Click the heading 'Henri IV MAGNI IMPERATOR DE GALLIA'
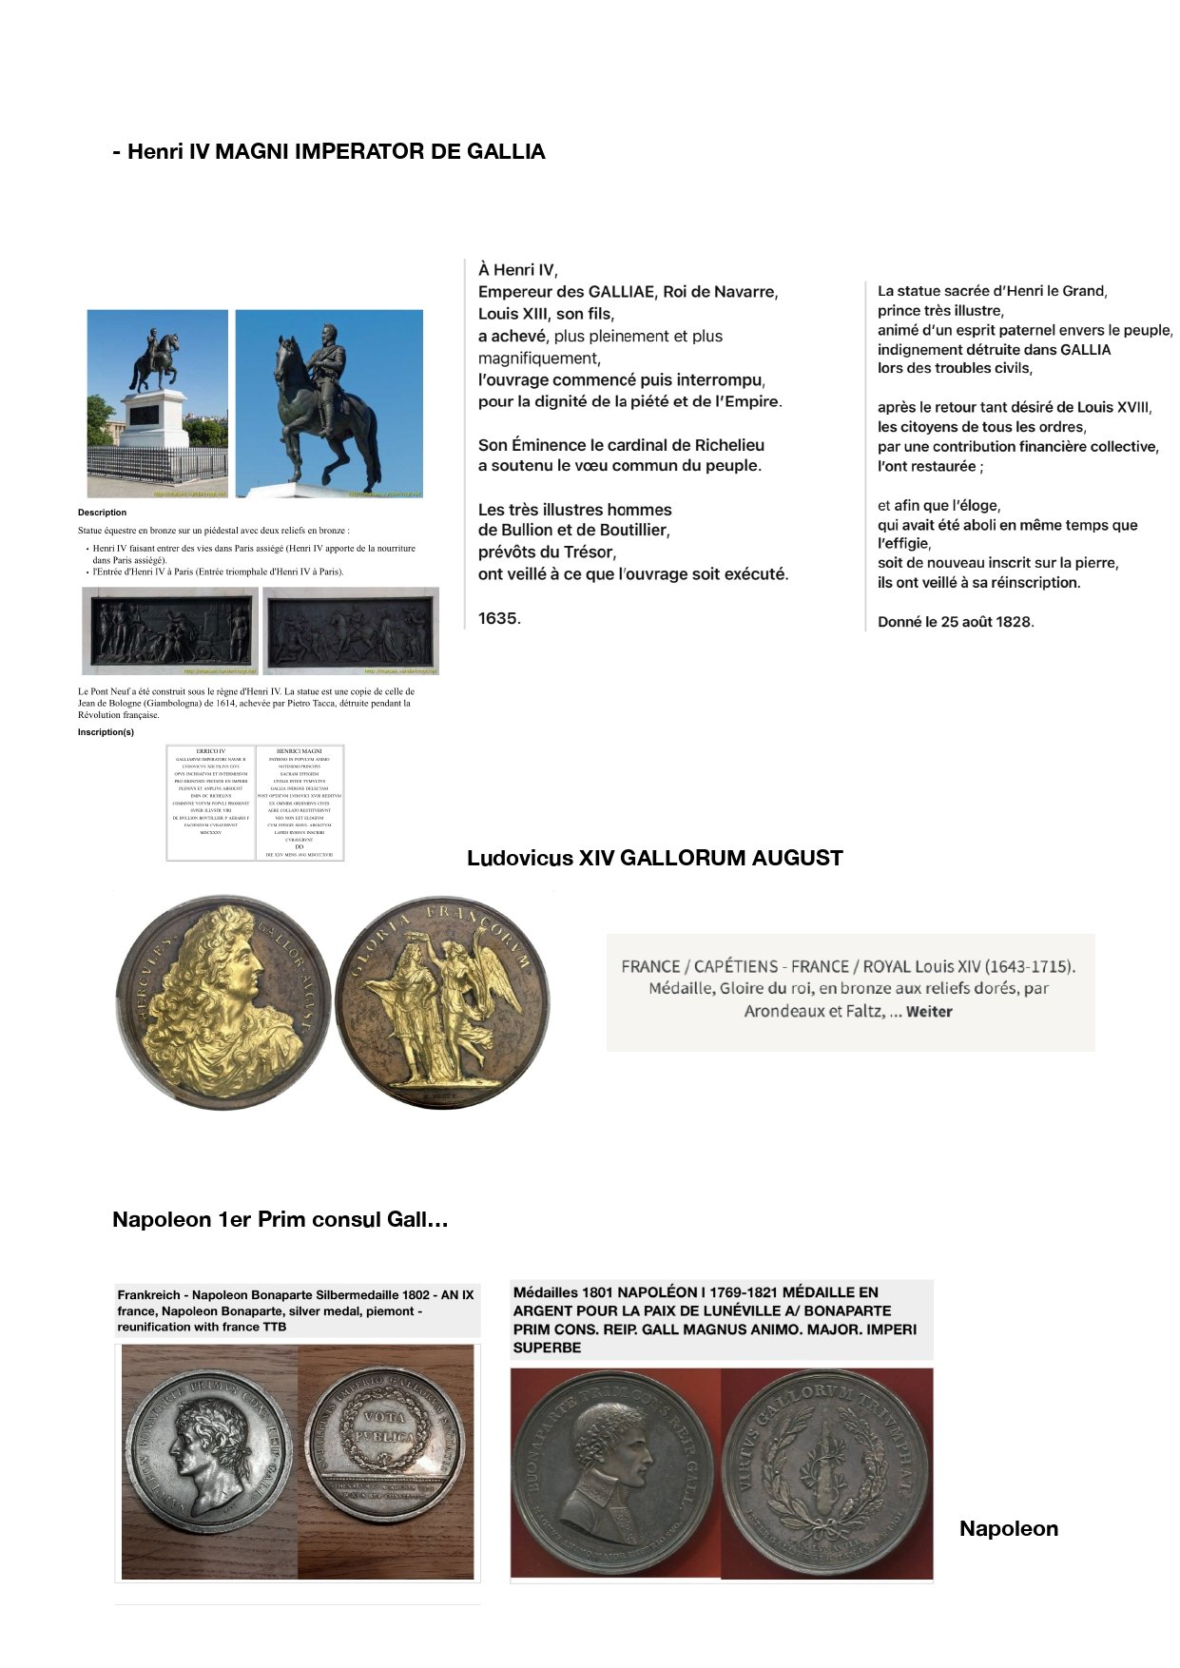329,152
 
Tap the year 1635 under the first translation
498,619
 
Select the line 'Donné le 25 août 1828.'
955,623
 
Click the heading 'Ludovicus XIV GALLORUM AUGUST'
654,859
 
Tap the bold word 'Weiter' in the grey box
929,1012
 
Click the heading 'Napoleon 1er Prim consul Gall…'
280,1220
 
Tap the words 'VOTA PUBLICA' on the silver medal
386,1426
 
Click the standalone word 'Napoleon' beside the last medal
1008,1529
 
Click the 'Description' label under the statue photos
102,513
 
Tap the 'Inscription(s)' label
106,732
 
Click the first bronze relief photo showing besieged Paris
170,630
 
